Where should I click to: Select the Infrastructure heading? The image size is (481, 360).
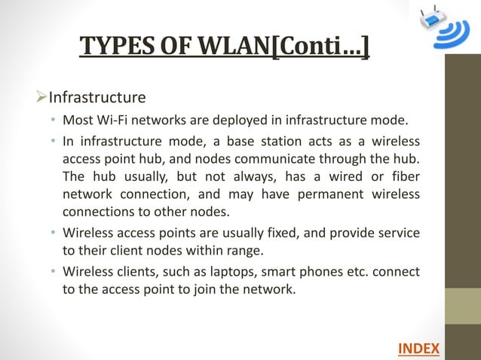coord(97,97)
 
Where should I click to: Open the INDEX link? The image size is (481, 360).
coord(418,347)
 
